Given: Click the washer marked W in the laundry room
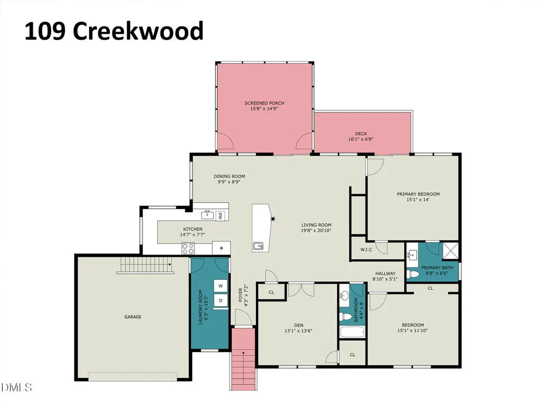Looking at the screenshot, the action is (221, 286).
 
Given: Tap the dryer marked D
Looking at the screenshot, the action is (221, 300).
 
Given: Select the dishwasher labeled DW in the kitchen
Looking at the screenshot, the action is (220, 216).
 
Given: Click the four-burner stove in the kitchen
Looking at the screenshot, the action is (188, 248).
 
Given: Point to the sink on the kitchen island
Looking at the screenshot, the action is (258, 246).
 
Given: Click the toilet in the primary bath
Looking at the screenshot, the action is (413, 275).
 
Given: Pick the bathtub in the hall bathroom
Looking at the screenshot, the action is (352, 332).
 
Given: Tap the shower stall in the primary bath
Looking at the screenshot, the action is (451, 251).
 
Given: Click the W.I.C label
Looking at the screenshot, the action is (366, 250).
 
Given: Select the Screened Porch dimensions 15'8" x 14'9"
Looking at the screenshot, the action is (264, 108).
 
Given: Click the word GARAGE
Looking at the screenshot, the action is (133, 317).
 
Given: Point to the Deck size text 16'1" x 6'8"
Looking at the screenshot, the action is (361, 139).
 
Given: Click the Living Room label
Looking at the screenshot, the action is (316, 225).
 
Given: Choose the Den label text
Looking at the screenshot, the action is (299, 325).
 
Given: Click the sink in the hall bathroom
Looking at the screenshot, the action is (344, 295).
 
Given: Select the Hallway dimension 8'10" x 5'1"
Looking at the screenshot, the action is (385, 279).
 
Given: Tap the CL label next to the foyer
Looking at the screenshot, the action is (271, 292).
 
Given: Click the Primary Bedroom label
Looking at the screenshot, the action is (418, 194).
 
